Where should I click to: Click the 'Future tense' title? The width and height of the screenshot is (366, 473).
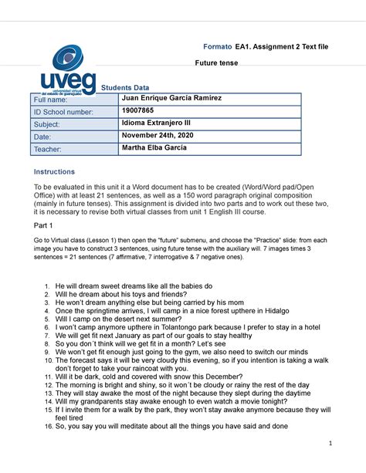tap(222, 63)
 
